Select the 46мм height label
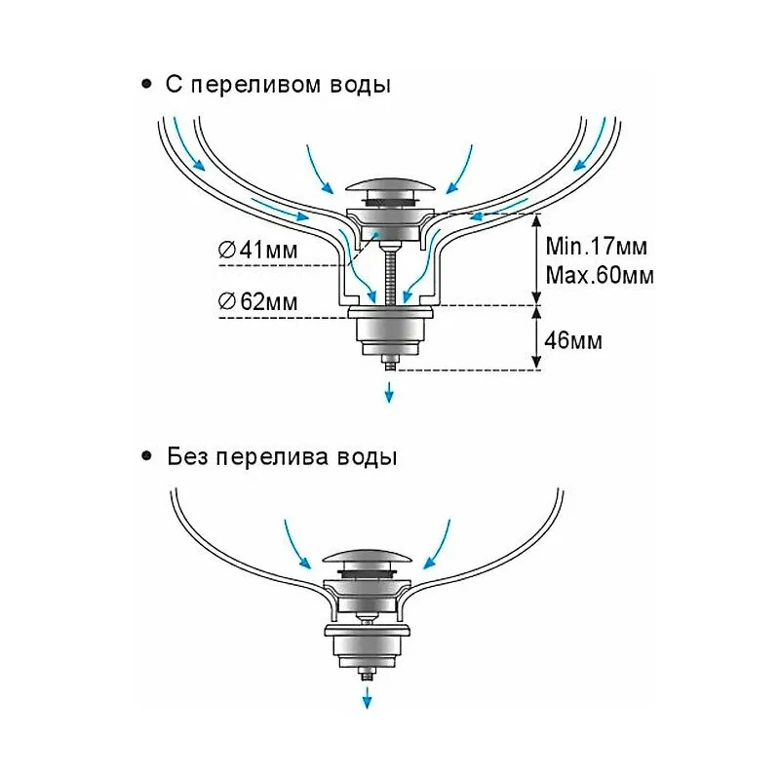click(x=573, y=341)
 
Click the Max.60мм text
click(x=600, y=274)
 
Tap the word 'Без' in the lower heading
click(x=186, y=456)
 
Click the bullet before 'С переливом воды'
click(x=147, y=85)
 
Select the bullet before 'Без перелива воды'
click(x=147, y=456)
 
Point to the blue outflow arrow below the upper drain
click(x=390, y=392)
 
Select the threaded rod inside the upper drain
click(x=390, y=273)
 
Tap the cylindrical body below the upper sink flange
click(x=390, y=336)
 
